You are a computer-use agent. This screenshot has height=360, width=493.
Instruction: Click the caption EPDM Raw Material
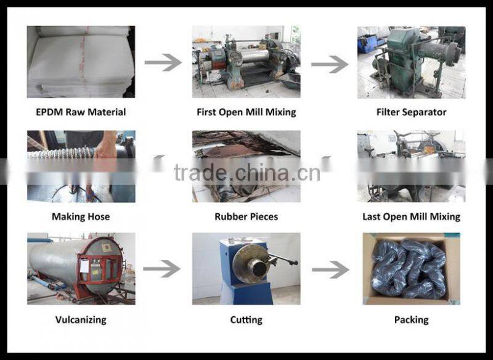81,112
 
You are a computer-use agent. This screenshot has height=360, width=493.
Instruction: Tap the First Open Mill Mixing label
246,112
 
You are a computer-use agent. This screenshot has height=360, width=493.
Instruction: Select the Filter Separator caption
411,112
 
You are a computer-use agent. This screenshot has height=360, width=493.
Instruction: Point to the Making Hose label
81,216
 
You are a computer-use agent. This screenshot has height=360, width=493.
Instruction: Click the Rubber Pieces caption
246,216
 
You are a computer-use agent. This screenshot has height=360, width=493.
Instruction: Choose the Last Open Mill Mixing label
411,216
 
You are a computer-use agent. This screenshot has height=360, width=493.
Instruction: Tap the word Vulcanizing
81,320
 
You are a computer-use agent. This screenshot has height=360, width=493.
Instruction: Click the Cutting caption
246,320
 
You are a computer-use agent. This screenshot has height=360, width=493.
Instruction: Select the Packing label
411,320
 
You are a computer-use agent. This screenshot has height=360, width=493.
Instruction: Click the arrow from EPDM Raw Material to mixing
163,62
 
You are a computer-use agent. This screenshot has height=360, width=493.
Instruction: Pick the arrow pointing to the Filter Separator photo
330,64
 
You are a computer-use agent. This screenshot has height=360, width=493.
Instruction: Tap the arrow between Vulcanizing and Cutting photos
161,269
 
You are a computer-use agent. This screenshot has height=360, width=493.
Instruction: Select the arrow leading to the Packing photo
330,270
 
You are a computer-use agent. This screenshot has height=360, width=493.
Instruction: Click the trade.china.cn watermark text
247,173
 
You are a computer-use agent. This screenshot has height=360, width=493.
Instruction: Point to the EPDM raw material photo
81,62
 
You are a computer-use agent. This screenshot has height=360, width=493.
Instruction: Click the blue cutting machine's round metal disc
250,263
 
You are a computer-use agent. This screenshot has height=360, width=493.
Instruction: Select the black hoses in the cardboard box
409,269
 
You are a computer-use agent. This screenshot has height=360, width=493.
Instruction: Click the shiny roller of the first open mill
255,55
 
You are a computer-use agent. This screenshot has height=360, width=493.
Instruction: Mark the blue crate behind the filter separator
368,43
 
